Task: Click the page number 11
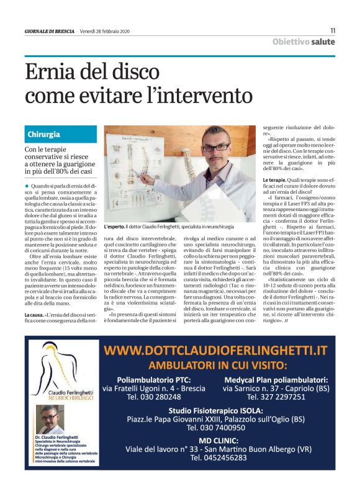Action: (x=333, y=30)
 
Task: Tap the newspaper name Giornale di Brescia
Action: (x=49, y=31)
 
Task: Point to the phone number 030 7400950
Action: (x=217, y=428)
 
